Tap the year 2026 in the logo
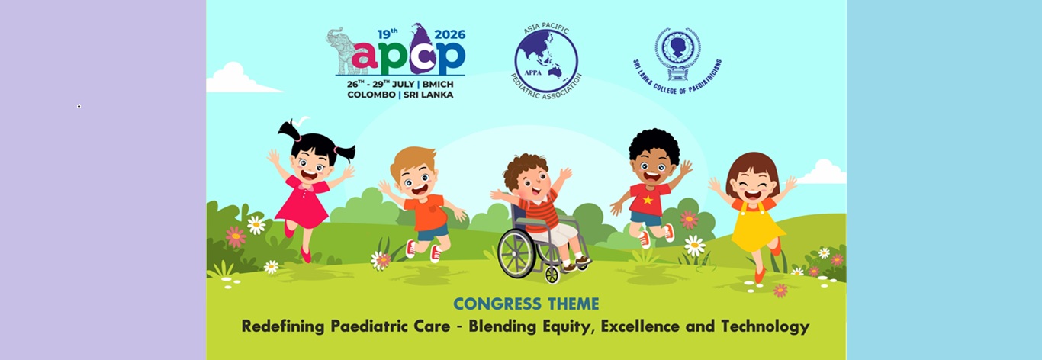pos(450,34)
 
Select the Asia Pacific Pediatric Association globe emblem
pos(546,61)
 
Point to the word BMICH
pos(438,85)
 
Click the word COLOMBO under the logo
pos(371,95)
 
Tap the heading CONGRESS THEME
pos(526,304)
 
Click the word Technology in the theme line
pos(765,326)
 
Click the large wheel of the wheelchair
pos(517,253)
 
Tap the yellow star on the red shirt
pos(648,200)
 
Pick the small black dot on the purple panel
pos(79,107)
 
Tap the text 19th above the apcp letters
pos(388,34)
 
